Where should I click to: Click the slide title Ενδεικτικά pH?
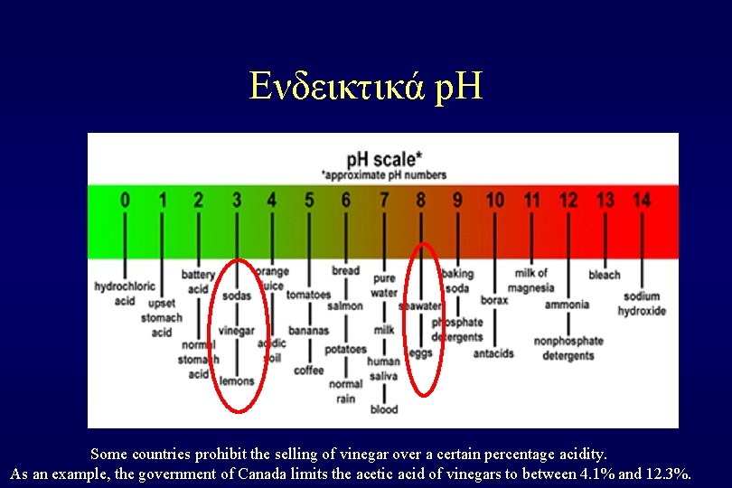click(366, 87)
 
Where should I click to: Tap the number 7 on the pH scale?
click(384, 200)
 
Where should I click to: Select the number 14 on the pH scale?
click(641, 200)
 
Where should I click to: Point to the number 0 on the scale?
click(125, 200)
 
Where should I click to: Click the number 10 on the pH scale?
click(494, 200)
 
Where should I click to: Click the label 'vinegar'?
click(237, 331)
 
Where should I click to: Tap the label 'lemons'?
click(237, 381)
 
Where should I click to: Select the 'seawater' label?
click(421, 306)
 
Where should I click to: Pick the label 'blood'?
click(384, 409)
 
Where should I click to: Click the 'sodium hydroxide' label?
click(642, 304)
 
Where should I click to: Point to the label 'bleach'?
click(605, 275)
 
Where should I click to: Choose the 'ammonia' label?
click(567, 305)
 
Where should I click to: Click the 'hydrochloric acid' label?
click(125, 293)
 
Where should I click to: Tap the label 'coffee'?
click(309, 371)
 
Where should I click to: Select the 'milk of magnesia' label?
click(531, 280)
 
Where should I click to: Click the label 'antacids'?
click(493, 353)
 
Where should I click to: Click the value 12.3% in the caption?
click(670, 473)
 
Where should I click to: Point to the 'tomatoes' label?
click(309, 295)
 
